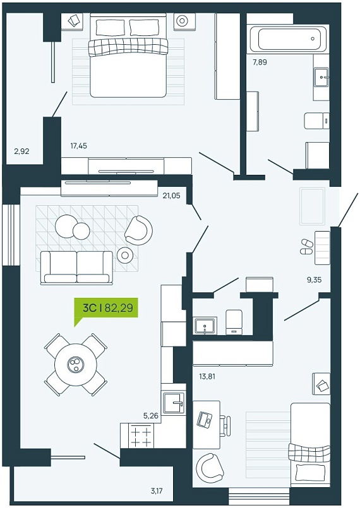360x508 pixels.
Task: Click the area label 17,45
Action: [x=78, y=146]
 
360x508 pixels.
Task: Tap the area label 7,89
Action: [x=260, y=62]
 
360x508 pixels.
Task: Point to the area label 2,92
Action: [x=21, y=151]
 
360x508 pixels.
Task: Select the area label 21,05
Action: [x=172, y=196]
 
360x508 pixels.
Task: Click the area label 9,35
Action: [x=315, y=280]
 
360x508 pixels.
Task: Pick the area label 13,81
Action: [x=207, y=377]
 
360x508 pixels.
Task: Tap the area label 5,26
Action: [x=150, y=416]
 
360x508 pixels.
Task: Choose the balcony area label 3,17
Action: [x=157, y=491]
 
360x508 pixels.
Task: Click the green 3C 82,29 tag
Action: [x=106, y=307]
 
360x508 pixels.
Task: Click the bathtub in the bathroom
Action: [x=287, y=38]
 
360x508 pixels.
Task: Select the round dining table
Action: [x=76, y=365]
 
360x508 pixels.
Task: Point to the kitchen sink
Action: [x=174, y=403]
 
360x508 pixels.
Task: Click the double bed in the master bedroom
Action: [x=128, y=55]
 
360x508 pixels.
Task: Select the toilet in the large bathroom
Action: [x=317, y=121]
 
